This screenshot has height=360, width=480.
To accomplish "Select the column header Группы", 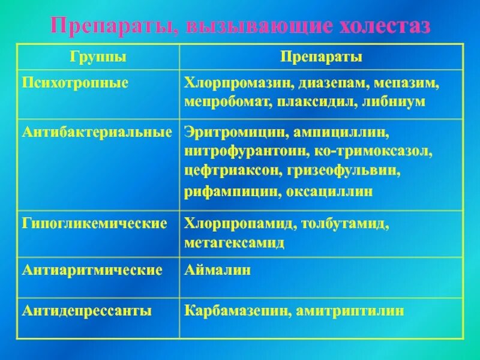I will click(98, 57).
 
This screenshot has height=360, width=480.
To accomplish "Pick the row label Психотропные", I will click(76, 82).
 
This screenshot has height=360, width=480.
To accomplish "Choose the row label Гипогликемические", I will click(95, 224).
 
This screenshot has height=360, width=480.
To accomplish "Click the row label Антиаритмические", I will click(92, 270).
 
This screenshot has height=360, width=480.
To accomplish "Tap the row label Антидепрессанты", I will click(87, 311).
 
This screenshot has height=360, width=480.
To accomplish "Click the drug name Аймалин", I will click(218, 270).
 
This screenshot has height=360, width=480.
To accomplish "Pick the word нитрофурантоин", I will click(241, 150).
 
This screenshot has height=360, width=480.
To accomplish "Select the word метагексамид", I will click(235, 243).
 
